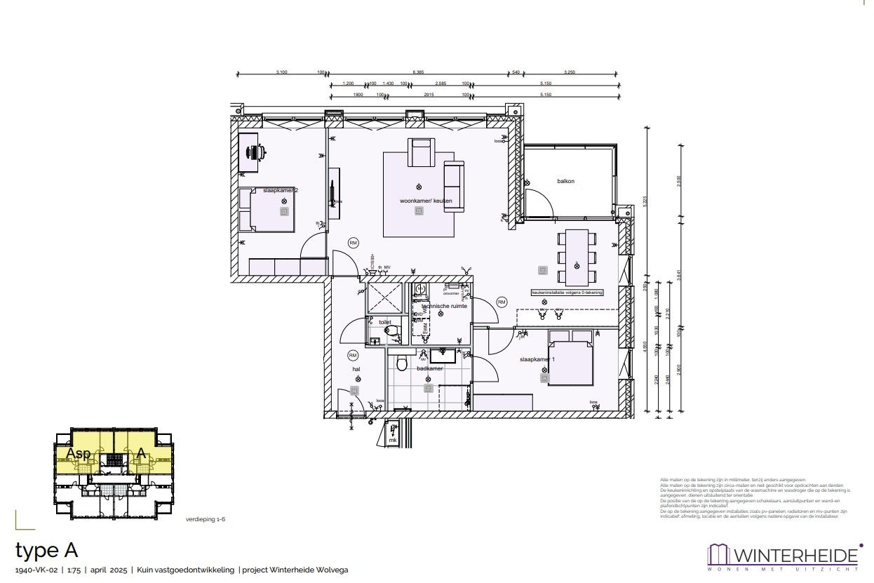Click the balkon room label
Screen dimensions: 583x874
[x=565, y=181]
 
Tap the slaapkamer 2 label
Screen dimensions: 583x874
[x=281, y=190]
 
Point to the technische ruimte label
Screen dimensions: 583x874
[x=445, y=306]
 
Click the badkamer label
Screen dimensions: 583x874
[x=429, y=368]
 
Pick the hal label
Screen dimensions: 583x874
[x=356, y=368]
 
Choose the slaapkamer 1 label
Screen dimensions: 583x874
[x=537, y=359]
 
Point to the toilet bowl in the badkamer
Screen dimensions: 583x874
[x=402, y=363]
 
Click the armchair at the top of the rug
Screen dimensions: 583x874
[x=421, y=152]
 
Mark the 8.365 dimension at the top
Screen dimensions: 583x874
[x=418, y=72]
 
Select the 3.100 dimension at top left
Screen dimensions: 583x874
[x=282, y=72]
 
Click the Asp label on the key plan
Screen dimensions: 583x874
[x=78, y=454]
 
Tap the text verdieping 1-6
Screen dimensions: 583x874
[x=206, y=519]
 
